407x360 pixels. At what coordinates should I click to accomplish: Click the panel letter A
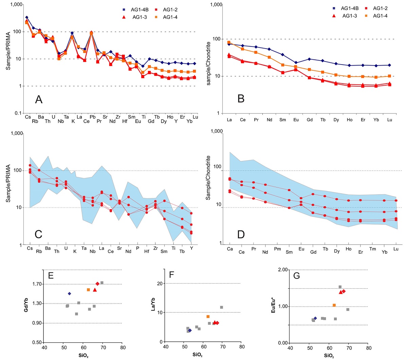[39, 99]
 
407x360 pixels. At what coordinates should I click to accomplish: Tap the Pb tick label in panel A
[93, 117]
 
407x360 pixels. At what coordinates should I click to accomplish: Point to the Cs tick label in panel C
[30, 248]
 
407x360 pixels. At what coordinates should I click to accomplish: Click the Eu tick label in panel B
[296, 120]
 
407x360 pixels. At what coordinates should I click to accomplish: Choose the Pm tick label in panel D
[277, 249]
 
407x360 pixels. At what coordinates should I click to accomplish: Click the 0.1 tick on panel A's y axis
[18, 113]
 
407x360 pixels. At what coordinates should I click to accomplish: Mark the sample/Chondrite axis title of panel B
[209, 64]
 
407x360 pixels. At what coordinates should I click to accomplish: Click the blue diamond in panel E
[69, 293]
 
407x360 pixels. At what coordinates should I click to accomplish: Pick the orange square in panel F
[208, 317]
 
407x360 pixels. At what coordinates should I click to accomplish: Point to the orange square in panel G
[334, 305]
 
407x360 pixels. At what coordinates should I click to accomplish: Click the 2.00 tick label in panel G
[283, 270]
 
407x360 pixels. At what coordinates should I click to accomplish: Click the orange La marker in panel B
[229, 42]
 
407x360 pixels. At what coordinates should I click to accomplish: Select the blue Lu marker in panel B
[389, 65]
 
